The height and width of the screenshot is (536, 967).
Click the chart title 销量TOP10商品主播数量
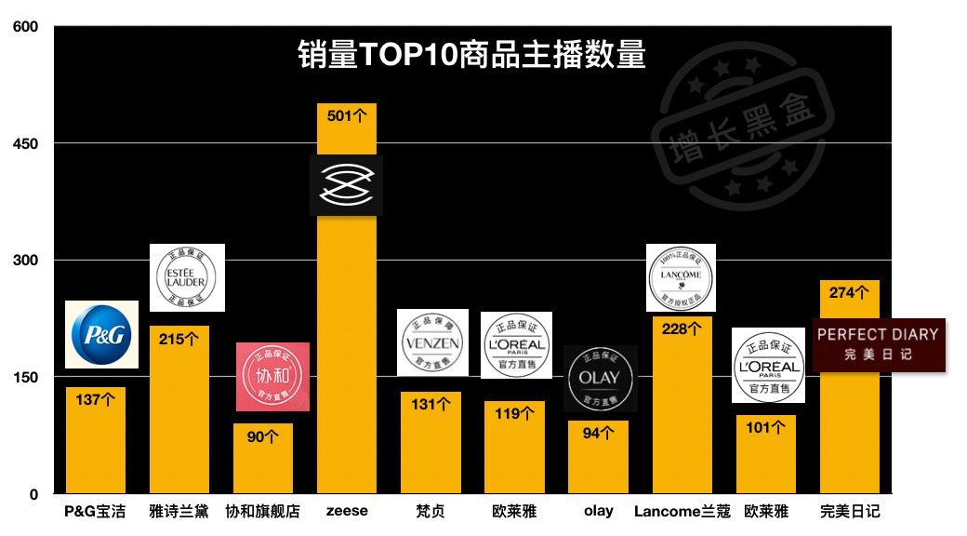pos(471,54)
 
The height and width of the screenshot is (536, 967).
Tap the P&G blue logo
pos(101,334)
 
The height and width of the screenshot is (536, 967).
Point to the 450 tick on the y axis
pos(25,143)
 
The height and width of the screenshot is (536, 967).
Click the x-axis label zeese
pos(347,511)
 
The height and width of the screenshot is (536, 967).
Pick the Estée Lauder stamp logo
pos(188,277)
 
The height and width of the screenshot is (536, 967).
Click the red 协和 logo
pos(272,377)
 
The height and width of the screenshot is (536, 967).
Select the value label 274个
pos(849,292)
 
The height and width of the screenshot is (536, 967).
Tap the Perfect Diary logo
pos(878,343)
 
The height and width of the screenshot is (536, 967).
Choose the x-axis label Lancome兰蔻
pos(682,511)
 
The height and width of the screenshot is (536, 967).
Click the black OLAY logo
pos(600,378)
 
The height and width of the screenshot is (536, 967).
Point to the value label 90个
pos(263,435)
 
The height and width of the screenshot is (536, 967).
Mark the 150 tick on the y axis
pos(25,377)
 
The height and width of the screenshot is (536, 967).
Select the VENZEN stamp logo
pos(432,342)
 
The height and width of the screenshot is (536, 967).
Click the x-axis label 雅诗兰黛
pos(179,511)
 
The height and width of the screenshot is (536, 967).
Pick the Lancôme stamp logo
pos(681,277)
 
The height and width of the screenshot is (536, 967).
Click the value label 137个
pos(95,399)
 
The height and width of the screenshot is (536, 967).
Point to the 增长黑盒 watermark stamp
pos(742,126)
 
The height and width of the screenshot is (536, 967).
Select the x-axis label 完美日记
pos(849,511)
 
